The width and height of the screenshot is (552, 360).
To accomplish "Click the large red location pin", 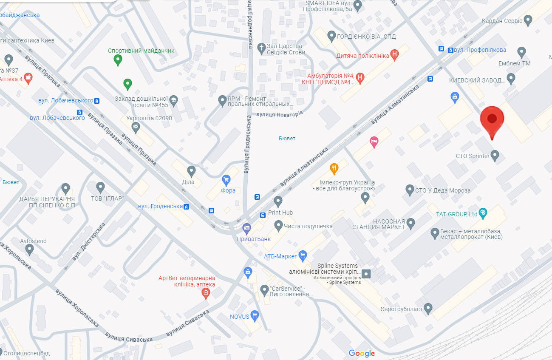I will point(492,120).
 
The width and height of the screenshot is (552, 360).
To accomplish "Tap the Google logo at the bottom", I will point(362,353).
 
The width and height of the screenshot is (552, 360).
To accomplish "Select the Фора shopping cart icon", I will point(226,180).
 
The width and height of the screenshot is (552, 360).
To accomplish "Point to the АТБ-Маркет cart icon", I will point(303,255).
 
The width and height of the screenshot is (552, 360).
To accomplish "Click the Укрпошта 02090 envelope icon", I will point(136,126).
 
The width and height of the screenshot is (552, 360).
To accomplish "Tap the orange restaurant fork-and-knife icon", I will point(334,169).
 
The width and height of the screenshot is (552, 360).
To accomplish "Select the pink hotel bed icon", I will point(374,142).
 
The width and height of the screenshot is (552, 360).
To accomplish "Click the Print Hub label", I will point(280,213).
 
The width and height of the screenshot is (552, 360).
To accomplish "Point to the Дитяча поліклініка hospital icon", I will point(395,54).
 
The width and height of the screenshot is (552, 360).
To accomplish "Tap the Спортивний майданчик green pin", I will point(118,60).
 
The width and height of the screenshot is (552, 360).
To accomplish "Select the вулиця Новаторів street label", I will point(280,114).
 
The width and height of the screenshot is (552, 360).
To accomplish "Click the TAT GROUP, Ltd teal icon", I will point(483,213).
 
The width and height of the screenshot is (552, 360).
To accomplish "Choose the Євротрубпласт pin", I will point(428,308).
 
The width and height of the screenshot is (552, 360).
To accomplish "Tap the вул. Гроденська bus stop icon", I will point(186,207).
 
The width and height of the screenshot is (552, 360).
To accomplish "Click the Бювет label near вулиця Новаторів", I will point(287,139).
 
